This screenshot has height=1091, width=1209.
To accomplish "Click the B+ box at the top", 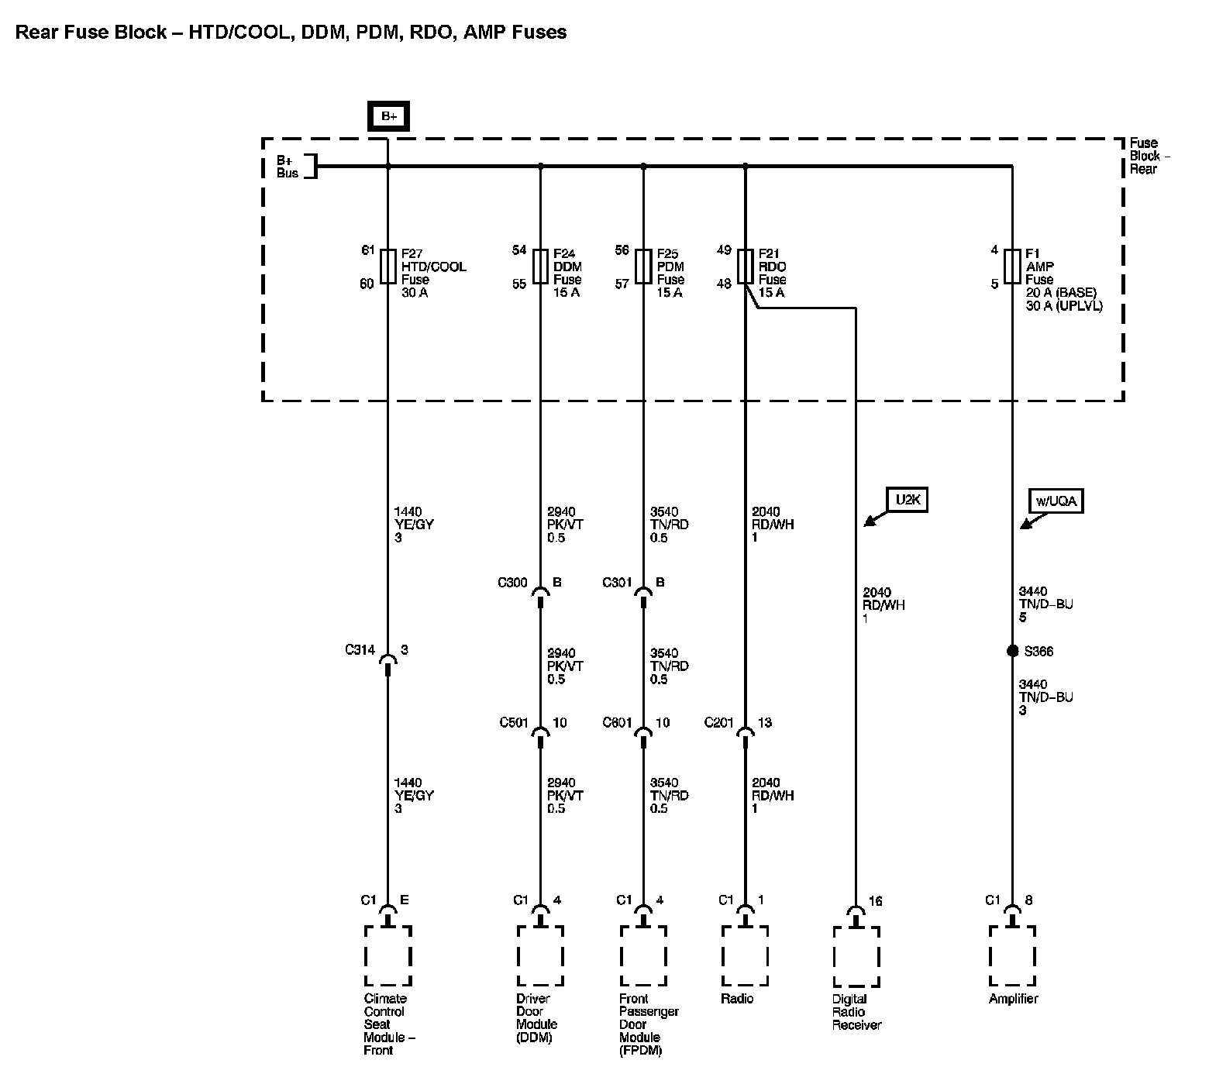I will tap(388, 116).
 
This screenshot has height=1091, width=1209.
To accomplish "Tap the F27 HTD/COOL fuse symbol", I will tap(387, 267).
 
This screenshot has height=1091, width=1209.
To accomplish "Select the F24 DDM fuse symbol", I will tap(540, 267).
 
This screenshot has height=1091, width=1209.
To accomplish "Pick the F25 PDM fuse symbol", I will tap(643, 267).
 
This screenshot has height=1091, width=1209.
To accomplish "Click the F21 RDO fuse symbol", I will tap(745, 267).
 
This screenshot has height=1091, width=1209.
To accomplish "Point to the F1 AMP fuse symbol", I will tap(1012, 267).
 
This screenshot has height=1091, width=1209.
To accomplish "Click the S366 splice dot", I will tap(1012, 651).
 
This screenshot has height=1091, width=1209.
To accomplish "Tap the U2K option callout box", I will tap(908, 500).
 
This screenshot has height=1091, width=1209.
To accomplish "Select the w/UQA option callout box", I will tap(1056, 501).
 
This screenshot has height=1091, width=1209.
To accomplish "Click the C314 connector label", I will tap(360, 650).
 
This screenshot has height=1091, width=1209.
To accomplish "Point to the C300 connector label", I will tap(512, 583).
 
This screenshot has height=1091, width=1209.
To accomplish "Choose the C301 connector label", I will tap(618, 583).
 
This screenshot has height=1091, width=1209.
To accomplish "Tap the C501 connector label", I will tap(514, 723).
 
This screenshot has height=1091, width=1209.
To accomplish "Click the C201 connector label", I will tap(718, 723).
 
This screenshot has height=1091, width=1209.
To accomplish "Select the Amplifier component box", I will tap(1012, 955).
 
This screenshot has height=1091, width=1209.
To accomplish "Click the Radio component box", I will tap(745, 955).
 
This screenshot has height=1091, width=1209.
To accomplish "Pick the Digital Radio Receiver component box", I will tap(856, 956).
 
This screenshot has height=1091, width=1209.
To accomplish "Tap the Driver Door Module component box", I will tap(540, 955).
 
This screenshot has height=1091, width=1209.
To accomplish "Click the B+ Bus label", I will tap(288, 167).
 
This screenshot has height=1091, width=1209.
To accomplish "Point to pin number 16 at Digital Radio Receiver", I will tap(875, 901).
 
